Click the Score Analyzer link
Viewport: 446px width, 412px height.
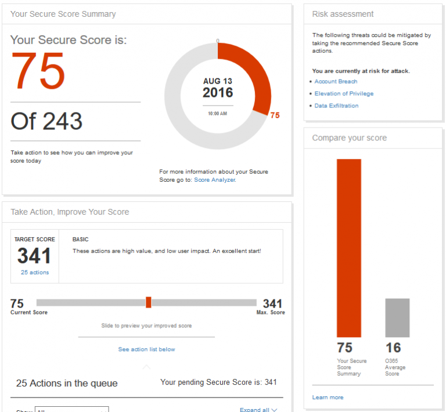[x=214, y=180]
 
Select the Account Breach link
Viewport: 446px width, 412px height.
[x=336, y=81]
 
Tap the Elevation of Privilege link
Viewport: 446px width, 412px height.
[x=344, y=93]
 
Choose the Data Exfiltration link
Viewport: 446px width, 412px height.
[x=336, y=106]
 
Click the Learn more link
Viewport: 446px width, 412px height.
[x=328, y=397]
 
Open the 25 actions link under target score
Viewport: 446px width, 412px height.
[x=35, y=272]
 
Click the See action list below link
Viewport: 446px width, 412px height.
[x=146, y=349]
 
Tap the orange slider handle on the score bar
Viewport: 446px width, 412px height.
[x=149, y=302]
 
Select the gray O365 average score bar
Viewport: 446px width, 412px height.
[x=397, y=317]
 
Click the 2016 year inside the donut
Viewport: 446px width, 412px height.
[x=218, y=93]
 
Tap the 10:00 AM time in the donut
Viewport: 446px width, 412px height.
[x=218, y=114]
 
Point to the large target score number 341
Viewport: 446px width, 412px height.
[x=34, y=256]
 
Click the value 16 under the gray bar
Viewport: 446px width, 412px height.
[x=393, y=348]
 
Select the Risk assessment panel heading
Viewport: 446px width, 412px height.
[x=343, y=14]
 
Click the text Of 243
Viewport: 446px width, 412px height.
[x=46, y=121]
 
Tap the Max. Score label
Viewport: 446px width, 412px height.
[x=271, y=313]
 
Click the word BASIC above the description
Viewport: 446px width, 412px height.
[x=80, y=239]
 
